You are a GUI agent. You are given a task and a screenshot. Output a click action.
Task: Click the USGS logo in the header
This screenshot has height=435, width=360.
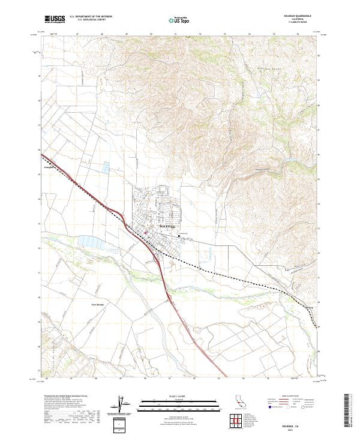53,19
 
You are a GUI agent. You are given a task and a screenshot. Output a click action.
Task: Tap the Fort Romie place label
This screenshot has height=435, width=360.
98,305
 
